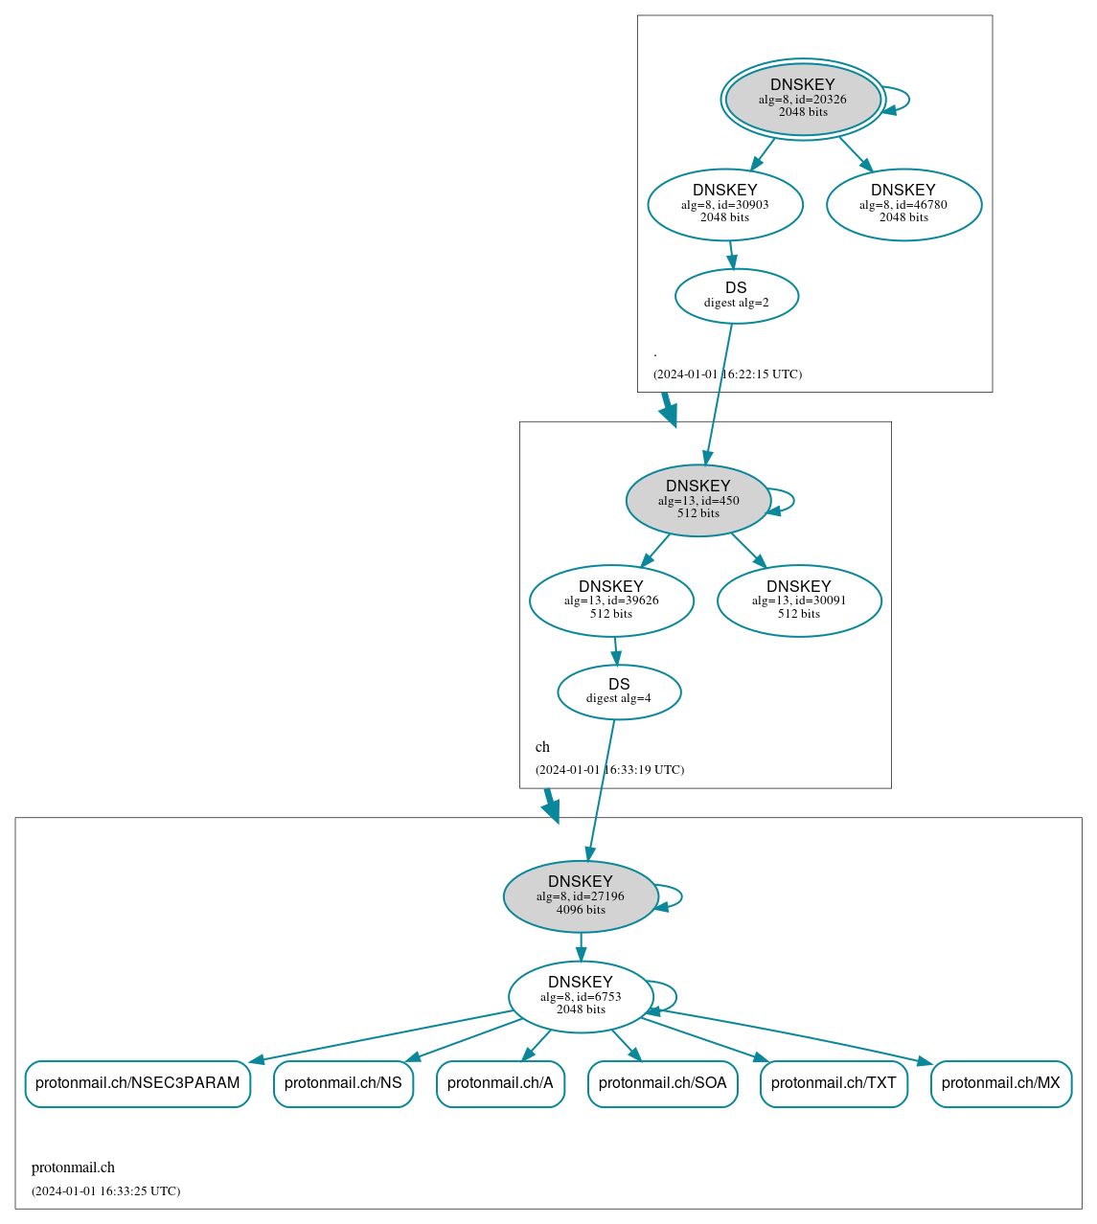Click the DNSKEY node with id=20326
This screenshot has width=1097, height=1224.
tap(803, 99)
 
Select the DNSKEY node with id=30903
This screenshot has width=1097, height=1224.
tap(725, 204)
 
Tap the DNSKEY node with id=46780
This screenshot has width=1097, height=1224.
tap(903, 204)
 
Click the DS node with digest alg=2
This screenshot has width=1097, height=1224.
tap(736, 296)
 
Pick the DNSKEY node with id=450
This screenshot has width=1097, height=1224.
tap(697, 500)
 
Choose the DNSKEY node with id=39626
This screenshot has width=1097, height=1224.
tap(611, 601)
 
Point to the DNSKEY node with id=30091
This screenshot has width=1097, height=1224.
tap(799, 601)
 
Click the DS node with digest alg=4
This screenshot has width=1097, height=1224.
tap(619, 691)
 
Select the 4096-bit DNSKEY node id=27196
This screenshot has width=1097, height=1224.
tap(581, 896)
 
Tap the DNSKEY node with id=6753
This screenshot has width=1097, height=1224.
tap(581, 997)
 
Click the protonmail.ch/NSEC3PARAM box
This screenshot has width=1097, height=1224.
tap(138, 1083)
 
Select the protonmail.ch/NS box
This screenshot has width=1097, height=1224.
tap(343, 1083)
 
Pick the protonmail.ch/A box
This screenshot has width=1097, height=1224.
tap(500, 1083)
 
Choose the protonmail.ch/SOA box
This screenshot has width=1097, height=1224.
tap(662, 1083)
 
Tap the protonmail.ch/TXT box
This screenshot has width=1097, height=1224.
tap(834, 1083)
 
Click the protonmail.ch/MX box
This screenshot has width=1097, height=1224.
tap(1000, 1083)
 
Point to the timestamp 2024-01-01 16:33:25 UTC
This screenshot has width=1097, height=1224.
tap(105, 1191)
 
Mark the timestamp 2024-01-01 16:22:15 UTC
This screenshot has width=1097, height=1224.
tap(727, 374)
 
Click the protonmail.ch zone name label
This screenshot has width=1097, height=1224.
tap(73, 1167)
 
